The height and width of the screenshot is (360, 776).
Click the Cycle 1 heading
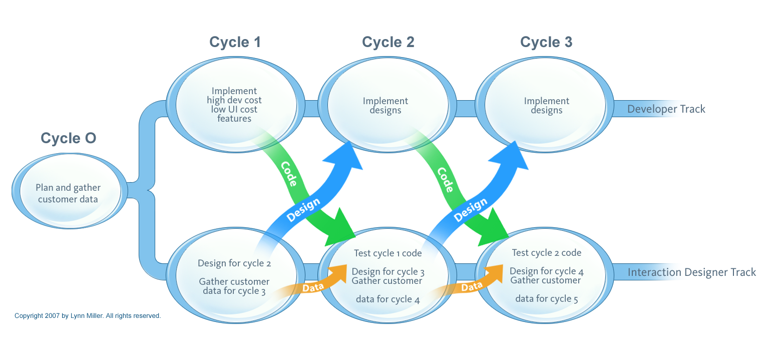pyautogui.click(x=235, y=42)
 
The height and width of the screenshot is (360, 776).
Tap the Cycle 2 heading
pyautogui.click(x=388, y=42)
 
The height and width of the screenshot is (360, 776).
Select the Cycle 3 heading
pyautogui.click(x=546, y=42)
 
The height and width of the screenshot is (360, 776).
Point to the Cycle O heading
pyautogui.click(x=68, y=138)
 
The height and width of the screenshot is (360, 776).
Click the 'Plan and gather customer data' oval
pyautogui.click(x=68, y=193)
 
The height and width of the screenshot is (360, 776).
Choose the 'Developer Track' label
pyautogui.click(x=666, y=109)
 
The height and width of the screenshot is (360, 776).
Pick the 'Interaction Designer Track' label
pyautogui.click(x=691, y=272)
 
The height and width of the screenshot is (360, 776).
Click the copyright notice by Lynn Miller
pyautogui.click(x=88, y=316)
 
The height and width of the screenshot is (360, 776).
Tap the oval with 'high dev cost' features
pyautogui.click(x=234, y=105)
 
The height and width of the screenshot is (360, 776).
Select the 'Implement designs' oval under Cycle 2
pyautogui.click(x=385, y=106)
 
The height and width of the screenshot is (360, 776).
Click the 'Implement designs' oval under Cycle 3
pyautogui.click(x=546, y=106)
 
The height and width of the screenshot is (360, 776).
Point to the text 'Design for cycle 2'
pyautogui.click(x=234, y=263)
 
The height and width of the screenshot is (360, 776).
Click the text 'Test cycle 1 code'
pyautogui.click(x=387, y=253)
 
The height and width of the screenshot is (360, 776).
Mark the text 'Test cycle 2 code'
pyautogui.click(x=546, y=253)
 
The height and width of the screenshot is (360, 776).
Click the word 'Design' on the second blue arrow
pyautogui.click(x=470, y=209)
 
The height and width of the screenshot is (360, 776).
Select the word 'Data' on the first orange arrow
pyautogui.click(x=313, y=287)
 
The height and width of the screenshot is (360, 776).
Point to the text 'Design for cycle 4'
pyautogui.click(x=546, y=271)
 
